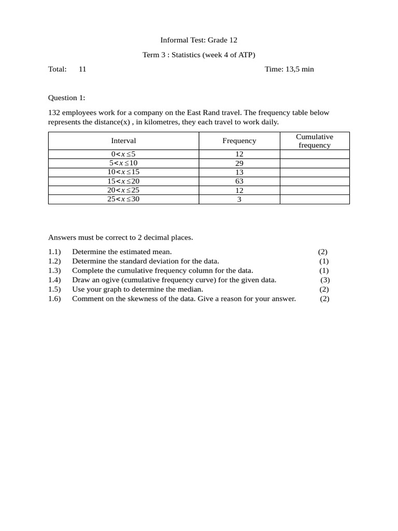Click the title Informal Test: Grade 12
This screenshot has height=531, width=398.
(198, 40)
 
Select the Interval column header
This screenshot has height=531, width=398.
(123, 141)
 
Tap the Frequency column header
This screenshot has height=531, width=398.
(239, 141)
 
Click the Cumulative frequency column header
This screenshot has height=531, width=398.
(315, 141)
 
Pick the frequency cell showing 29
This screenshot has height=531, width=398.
(239, 163)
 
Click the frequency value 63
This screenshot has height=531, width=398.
(239, 181)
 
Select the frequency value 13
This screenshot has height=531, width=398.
(239, 172)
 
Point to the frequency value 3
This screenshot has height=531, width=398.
(239, 199)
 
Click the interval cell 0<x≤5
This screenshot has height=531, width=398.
(123, 154)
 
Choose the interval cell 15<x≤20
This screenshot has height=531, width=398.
(123, 181)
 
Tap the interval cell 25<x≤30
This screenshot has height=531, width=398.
(123, 199)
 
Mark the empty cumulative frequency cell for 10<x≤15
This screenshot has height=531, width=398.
(315, 172)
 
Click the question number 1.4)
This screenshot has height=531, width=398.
(54, 280)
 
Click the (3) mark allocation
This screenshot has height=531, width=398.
(325, 280)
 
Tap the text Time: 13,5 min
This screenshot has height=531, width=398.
(289, 69)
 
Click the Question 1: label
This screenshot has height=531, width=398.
(67, 97)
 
